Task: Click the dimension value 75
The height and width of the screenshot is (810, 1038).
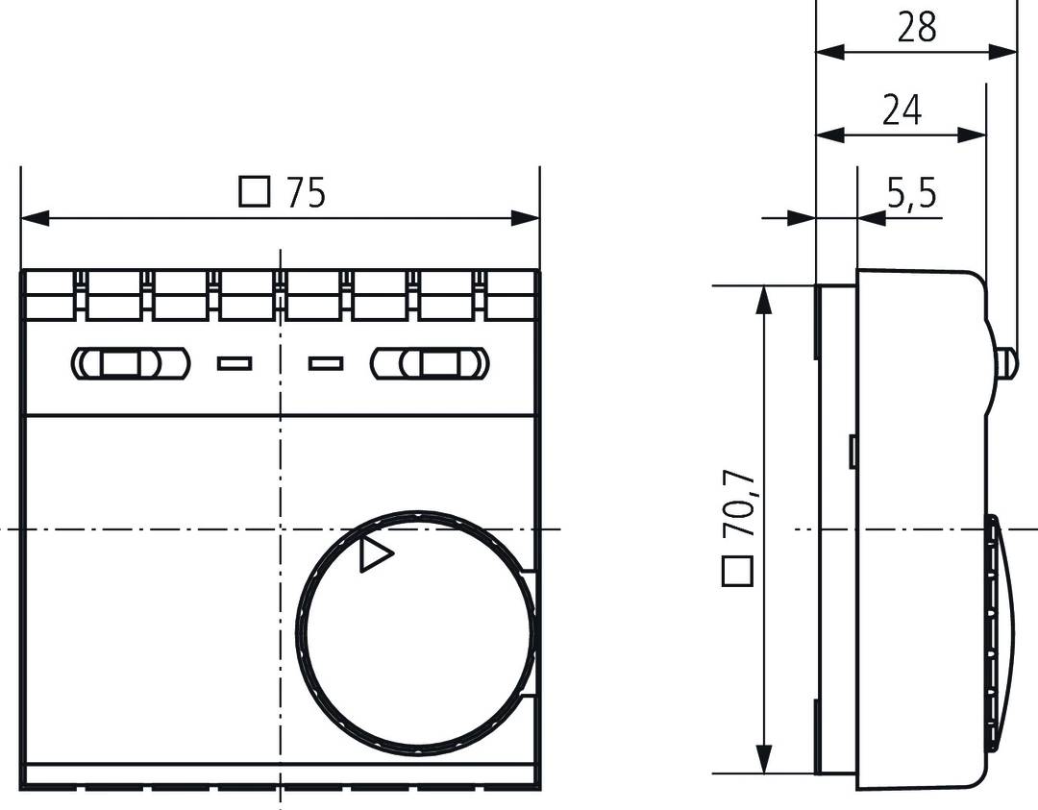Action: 307,193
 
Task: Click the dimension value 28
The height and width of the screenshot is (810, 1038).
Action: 916,27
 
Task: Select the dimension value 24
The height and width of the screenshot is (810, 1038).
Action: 902,110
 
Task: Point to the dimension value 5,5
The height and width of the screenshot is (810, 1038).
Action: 910,194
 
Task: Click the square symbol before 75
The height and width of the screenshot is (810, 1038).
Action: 254,192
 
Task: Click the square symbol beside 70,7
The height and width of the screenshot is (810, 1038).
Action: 737,572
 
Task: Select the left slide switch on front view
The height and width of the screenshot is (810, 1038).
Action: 131,362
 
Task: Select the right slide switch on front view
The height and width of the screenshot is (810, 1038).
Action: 430,362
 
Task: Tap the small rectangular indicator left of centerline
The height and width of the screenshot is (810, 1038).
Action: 235,363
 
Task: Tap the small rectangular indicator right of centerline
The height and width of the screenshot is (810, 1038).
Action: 326,363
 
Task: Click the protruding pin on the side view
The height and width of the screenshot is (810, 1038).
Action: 1006,362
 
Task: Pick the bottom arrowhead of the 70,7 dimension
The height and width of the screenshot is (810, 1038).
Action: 764,758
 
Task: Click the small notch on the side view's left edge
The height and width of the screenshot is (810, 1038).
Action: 853,452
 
